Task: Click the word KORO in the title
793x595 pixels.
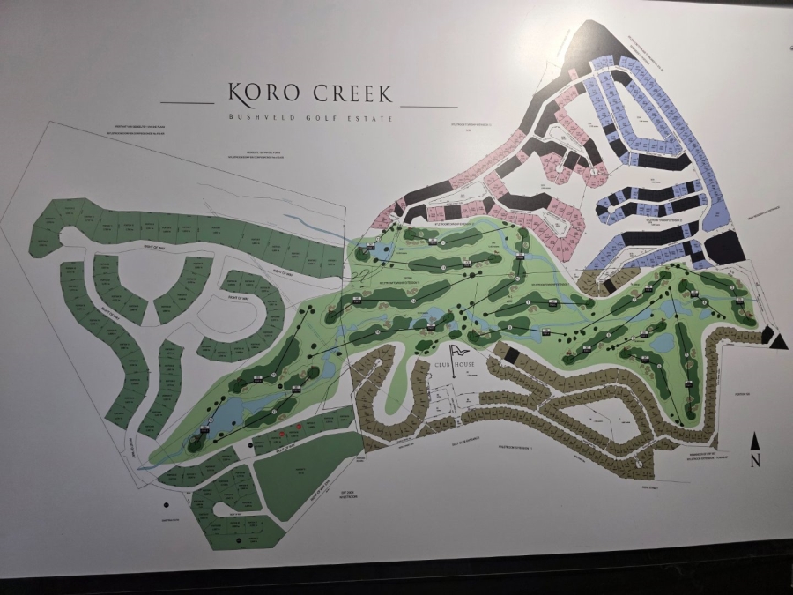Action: coord(260,93)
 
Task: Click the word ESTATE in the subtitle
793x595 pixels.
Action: coord(370,117)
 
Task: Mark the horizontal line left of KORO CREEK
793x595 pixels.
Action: coord(188,104)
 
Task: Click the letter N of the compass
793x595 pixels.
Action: coord(755,459)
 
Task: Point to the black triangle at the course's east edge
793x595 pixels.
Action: coord(779,341)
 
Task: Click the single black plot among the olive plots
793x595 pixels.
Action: coord(767,332)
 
